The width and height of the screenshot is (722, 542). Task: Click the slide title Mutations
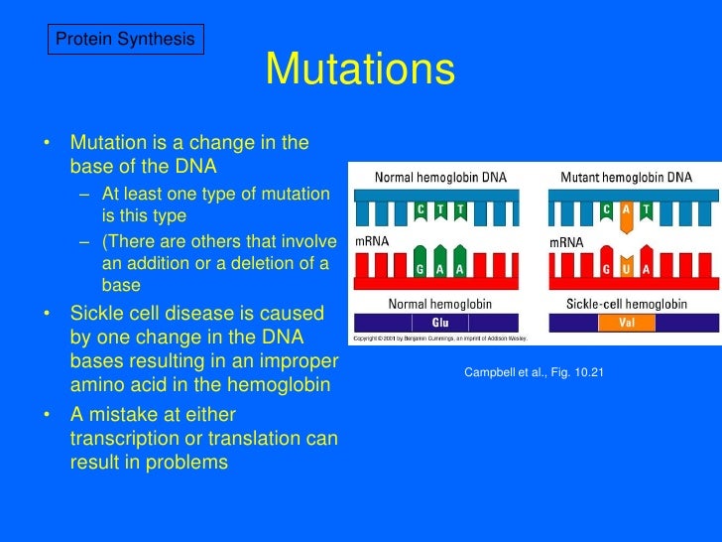360,70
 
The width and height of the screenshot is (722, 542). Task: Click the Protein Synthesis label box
125,39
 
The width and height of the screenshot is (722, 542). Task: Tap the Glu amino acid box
438,323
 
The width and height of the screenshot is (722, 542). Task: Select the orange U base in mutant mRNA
626,268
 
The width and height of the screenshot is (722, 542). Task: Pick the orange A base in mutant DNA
627,209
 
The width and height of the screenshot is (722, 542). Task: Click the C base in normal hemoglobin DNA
420,209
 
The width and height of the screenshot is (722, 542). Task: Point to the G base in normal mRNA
420,269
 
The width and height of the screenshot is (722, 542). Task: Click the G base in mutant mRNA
606,269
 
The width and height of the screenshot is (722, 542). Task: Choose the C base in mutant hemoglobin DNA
606,209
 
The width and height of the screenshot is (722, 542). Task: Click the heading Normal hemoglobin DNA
439,178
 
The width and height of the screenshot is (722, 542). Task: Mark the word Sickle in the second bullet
99,314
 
